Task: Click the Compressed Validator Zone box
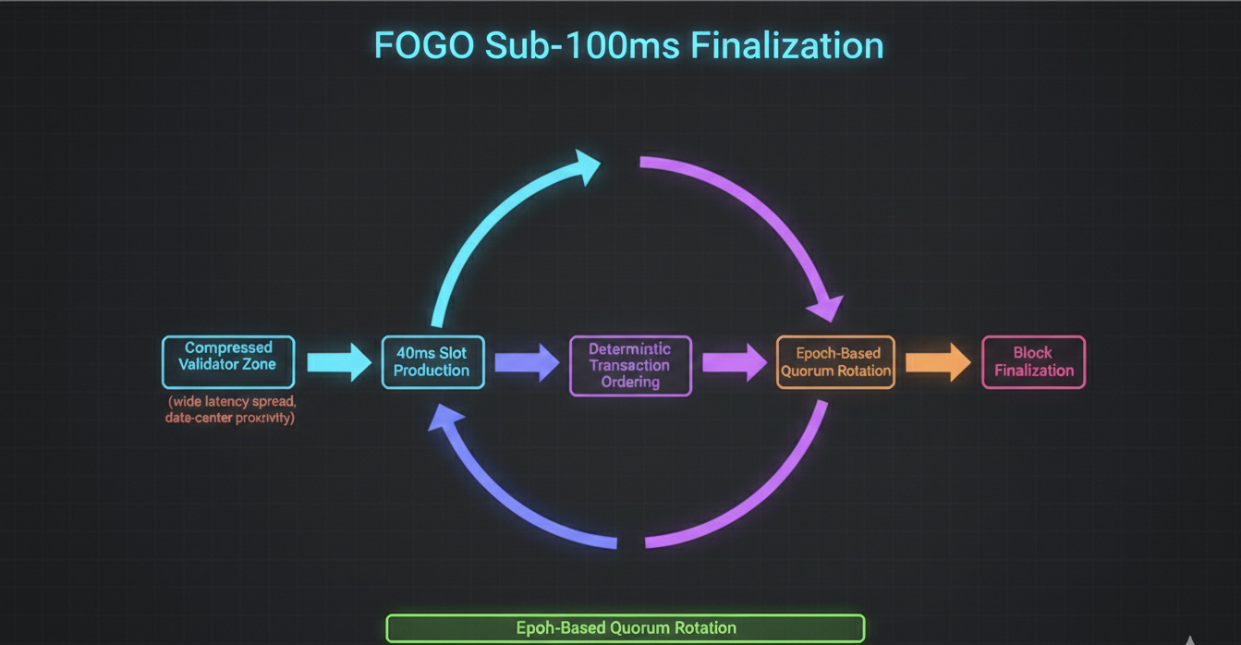click(228, 361)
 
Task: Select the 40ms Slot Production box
click(432, 361)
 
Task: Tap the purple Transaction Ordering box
click(630, 365)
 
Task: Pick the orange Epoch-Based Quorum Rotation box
click(835, 361)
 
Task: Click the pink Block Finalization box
click(1033, 361)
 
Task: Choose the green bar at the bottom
click(626, 627)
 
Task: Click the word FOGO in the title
click(424, 45)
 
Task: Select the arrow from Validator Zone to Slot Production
click(339, 361)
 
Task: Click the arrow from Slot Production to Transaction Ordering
click(527, 362)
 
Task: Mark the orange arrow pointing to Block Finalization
click(938, 361)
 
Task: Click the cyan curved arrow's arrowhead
click(585, 169)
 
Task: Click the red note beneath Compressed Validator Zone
click(231, 409)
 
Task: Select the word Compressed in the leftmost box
click(228, 347)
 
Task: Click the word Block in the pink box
click(1033, 352)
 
